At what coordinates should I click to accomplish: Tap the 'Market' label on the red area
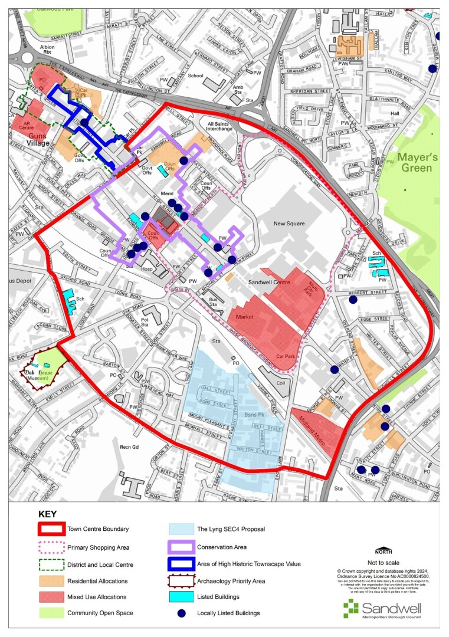point(244,317)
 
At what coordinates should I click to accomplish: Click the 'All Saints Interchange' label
point(219,129)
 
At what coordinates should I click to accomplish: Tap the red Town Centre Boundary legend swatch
point(50,530)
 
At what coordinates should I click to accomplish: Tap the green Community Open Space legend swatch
point(50,613)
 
